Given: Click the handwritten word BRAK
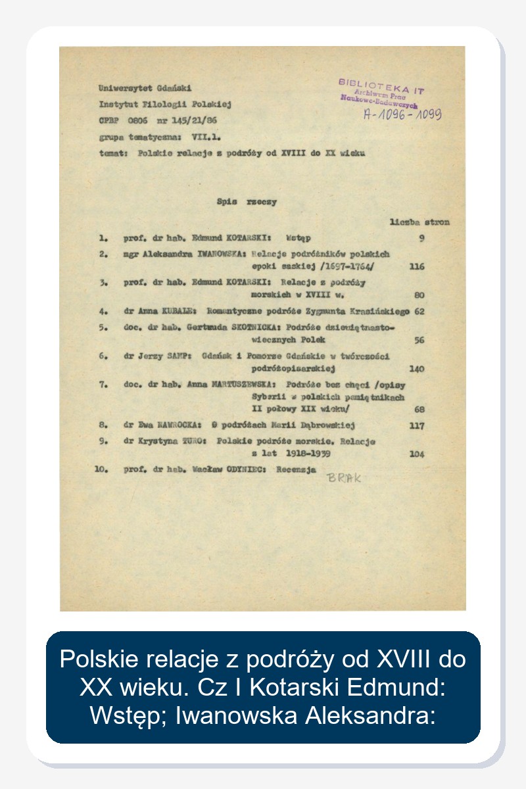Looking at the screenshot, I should click(344, 477).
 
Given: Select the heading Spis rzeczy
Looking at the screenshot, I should click(247, 202).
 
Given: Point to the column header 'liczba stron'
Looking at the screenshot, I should click(419, 222).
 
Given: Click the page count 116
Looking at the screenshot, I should click(416, 267).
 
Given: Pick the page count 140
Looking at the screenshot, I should click(416, 370).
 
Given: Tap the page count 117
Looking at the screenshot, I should click(416, 425).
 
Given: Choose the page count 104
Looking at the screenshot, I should click(416, 454).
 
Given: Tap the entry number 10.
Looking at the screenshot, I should click(102, 470).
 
